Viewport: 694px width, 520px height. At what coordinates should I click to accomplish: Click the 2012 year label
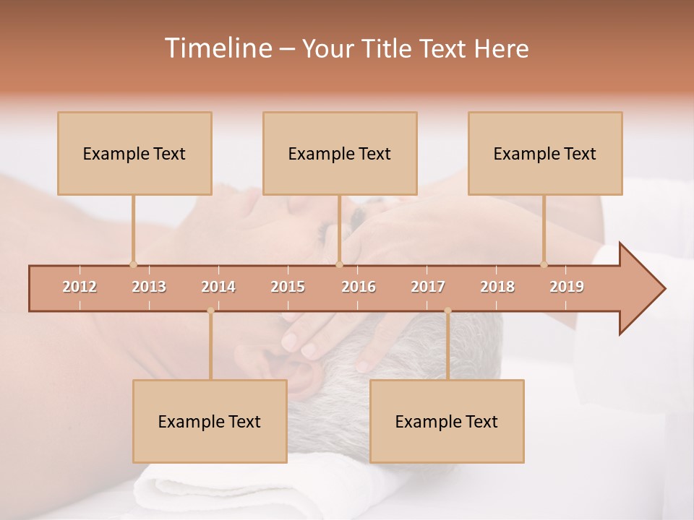pos(80,287)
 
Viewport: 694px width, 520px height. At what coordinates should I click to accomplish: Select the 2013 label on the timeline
pos(149,287)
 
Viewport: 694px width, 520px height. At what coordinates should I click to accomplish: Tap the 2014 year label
pos(218,287)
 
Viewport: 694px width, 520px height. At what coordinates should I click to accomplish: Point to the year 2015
pos(288,287)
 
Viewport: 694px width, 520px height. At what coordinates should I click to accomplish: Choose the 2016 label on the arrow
pos(359,287)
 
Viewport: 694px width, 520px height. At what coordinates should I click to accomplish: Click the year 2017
pos(428,287)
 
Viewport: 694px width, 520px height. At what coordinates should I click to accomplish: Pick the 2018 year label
pos(497,287)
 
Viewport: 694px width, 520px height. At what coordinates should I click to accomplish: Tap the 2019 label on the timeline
pos(567,287)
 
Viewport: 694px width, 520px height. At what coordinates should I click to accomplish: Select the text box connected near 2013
pos(134,153)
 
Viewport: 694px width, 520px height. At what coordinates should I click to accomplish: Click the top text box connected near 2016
pos(340,153)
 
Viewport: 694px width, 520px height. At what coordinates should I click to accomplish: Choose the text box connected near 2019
pos(545,153)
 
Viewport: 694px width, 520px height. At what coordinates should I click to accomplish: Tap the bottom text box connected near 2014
pos(210,421)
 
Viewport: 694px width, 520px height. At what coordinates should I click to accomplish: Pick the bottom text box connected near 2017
pos(447,421)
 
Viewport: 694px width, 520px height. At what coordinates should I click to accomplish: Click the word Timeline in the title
pos(217,48)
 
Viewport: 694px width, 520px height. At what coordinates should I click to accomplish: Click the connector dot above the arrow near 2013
pos(133,264)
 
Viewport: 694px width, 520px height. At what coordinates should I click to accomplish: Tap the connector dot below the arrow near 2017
pos(447,311)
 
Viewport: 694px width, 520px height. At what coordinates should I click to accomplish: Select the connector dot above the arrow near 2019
pos(544,264)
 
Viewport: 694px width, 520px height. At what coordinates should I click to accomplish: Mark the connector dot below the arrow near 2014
pos(210,311)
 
